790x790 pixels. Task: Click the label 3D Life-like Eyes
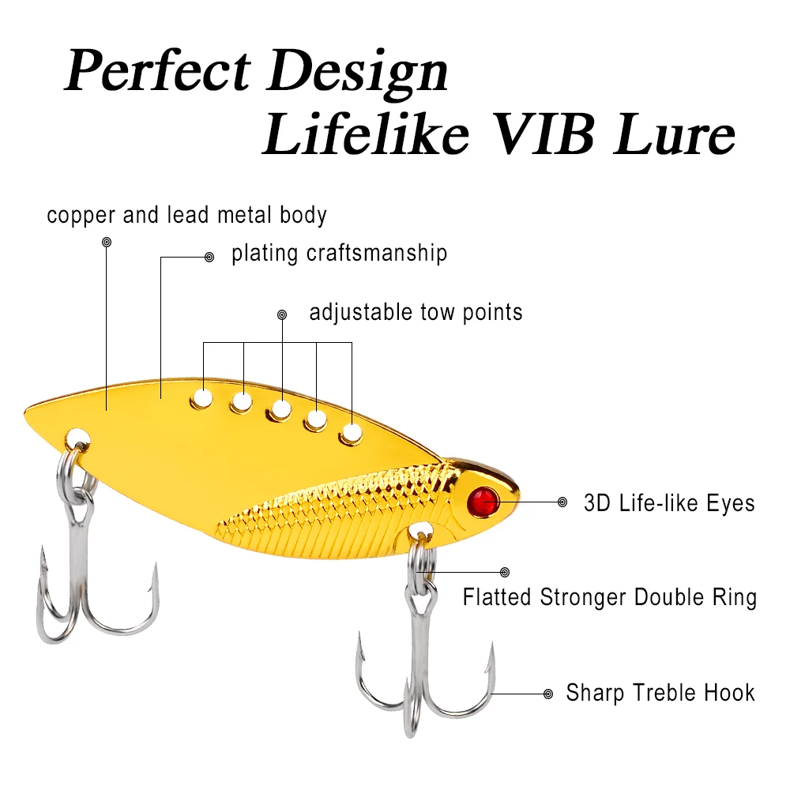pos(669,503)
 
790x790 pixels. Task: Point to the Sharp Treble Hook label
pos(660,694)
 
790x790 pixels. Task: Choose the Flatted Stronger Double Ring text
pos(609,597)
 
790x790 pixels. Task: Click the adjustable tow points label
pos(416,312)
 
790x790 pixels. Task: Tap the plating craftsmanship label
pos(339,254)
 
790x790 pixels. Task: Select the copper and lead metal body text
pos(186,215)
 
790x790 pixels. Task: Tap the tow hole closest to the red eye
pos(351,433)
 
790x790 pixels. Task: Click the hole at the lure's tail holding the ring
pos(77,437)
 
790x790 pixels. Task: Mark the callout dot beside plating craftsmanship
pos(209,257)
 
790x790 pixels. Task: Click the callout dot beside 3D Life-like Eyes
pos(562,502)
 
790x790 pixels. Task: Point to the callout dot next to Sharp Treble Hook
pos(548,694)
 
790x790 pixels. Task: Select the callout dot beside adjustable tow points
pos(282,315)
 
